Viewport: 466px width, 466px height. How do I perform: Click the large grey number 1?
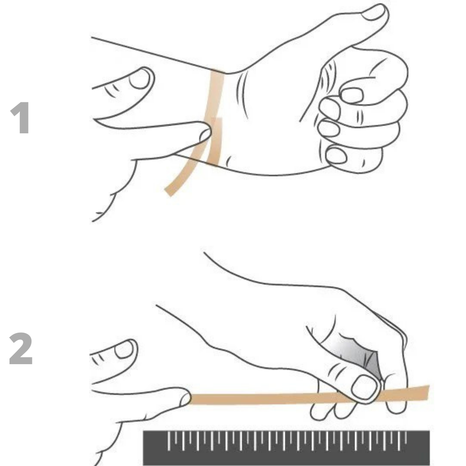pyautogui.click(x=21, y=118)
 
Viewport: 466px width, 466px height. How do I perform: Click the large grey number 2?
pyautogui.click(x=21, y=349)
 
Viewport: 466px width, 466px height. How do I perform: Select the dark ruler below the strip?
pyautogui.click(x=286, y=448)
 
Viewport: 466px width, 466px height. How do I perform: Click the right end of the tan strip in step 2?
pyautogui.click(x=428, y=392)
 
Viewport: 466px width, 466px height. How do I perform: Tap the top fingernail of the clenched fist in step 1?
pyautogui.click(x=352, y=95)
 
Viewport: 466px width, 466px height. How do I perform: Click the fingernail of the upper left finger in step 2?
pyautogui.click(x=125, y=349)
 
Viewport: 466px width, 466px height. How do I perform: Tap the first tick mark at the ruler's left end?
pyautogui.click(x=169, y=441)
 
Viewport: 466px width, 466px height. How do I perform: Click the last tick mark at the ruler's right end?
pyautogui.click(x=406, y=437)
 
